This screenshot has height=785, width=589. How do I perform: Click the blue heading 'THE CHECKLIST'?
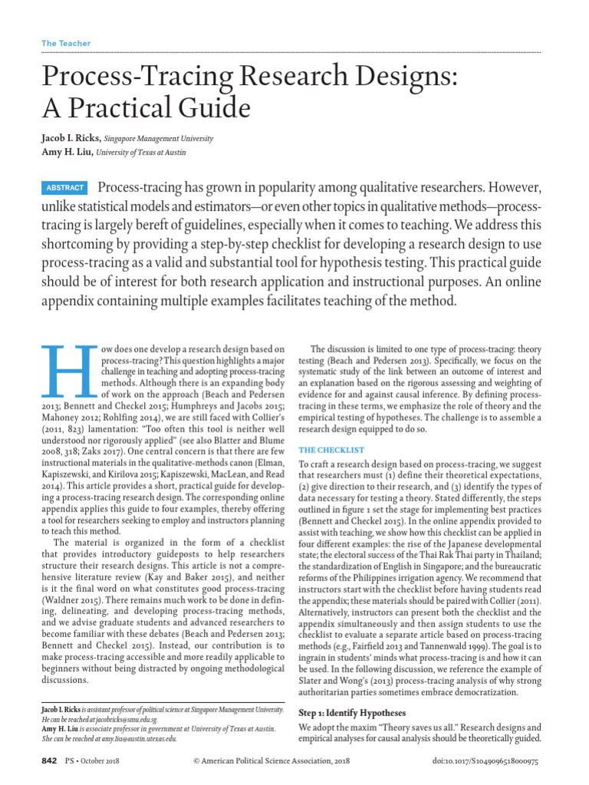331,450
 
